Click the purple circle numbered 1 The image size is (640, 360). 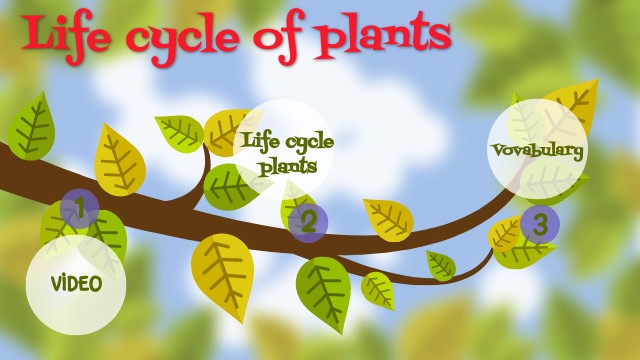pos(79,209)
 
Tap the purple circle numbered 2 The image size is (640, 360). pos(308,222)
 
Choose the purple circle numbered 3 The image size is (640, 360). pos(539,223)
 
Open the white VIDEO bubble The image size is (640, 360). pos(77,284)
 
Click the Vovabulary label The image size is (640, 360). pos(537,150)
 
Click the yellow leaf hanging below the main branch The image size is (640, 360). pos(222,274)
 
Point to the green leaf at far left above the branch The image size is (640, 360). pos(31,127)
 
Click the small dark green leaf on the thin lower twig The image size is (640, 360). pos(441,265)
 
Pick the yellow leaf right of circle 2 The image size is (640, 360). pos(388,218)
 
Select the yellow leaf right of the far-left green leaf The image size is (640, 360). pos(119,160)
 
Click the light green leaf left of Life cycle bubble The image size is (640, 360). pos(180,133)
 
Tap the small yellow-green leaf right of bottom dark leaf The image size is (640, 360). pos(378,290)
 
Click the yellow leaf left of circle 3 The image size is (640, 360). pos(505,234)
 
